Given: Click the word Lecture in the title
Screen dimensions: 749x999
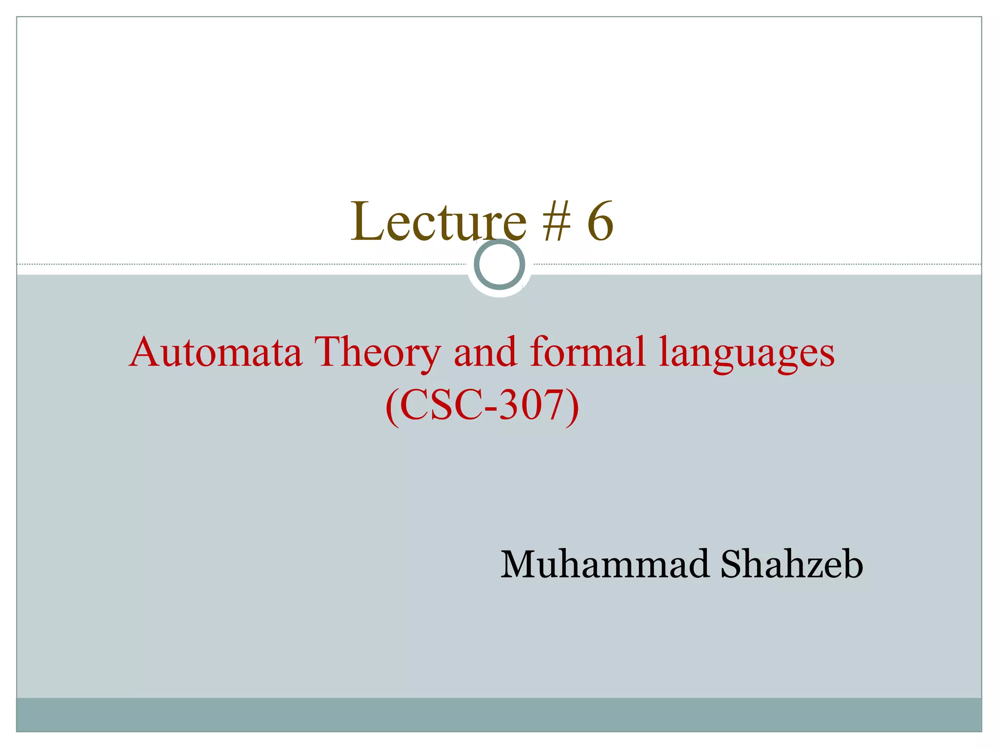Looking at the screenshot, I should click(x=438, y=222).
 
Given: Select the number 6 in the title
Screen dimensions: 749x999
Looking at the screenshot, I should click(x=599, y=222).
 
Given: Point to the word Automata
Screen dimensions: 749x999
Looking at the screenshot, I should click(x=216, y=352).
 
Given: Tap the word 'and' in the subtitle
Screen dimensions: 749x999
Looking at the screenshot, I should click(x=485, y=352).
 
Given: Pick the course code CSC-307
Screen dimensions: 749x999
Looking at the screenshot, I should click(x=482, y=406).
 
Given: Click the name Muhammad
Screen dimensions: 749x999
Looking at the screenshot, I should click(x=604, y=564).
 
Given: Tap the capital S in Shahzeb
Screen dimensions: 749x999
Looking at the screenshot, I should click(x=732, y=564).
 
